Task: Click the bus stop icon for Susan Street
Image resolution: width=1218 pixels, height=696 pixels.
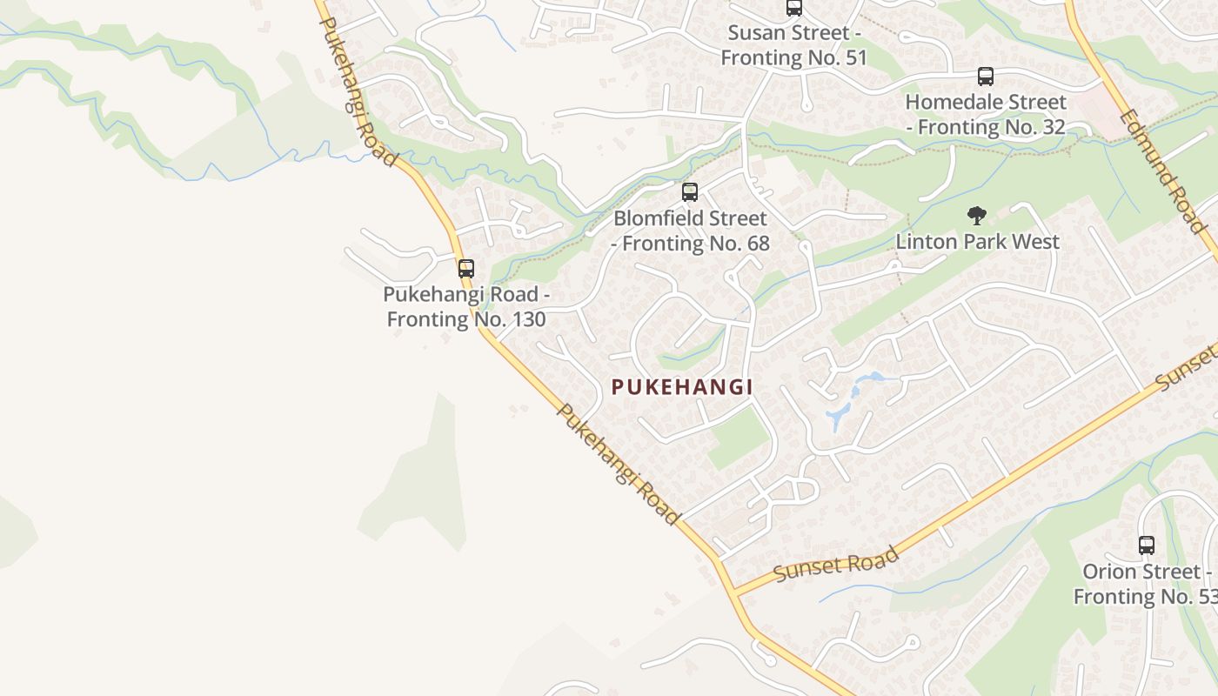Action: pyautogui.click(x=793, y=8)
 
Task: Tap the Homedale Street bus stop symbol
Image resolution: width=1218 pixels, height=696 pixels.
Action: pyautogui.click(x=985, y=77)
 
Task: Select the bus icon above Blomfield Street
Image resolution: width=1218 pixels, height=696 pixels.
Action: pyautogui.click(x=690, y=191)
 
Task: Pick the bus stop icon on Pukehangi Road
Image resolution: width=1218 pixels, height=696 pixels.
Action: pyautogui.click(x=466, y=268)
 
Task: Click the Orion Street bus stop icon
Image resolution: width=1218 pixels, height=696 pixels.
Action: pyautogui.click(x=1147, y=545)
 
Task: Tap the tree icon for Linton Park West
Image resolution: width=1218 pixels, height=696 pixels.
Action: pyautogui.click(x=977, y=216)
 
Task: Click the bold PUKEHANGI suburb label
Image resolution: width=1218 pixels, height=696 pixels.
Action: pyautogui.click(x=681, y=387)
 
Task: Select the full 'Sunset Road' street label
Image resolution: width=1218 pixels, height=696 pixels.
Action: pyautogui.click(x=835, y=565)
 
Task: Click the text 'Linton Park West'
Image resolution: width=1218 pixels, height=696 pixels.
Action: pyautogui.click(x=978, y=241)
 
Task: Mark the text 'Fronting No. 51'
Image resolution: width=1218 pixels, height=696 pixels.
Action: pyautogui.click(x=794, y=58)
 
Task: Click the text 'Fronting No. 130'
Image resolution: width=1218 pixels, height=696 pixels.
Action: pyautogui.click(x=466, y=319)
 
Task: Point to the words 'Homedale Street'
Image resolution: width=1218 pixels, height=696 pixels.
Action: pyautogui.click(x=986, y=102)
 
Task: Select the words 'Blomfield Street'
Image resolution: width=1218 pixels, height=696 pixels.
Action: pyautogui.click(x=690, y=218)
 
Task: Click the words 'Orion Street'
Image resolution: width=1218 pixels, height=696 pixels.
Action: pyautogui.click(x=1140, y=572)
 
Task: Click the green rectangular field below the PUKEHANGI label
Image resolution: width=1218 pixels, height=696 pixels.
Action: pyautogui.click(x=739, y=438)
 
